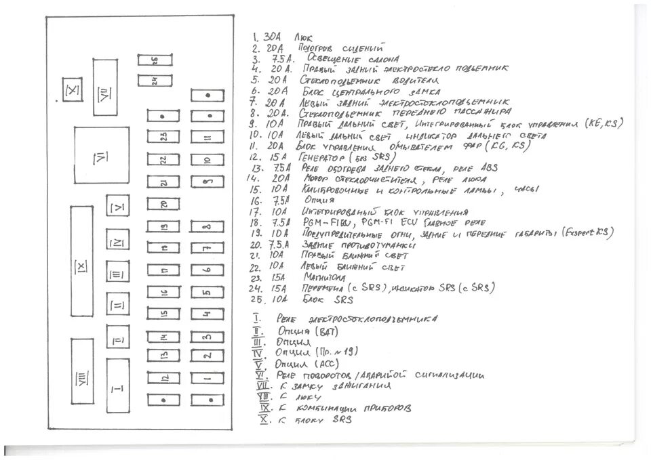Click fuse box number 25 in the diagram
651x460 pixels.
point(154,60)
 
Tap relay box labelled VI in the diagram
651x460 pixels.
point(101,157)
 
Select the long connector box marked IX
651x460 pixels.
point(81,265)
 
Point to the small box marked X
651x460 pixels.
point(73,90)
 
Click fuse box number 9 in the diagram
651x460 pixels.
point(207,182)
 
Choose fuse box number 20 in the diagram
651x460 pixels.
point(163,203)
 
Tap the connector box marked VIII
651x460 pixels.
point(82,371)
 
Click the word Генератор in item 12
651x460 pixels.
point(321,156)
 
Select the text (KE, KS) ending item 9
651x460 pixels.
point(604,124)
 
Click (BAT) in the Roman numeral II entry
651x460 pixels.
point(330,331)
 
